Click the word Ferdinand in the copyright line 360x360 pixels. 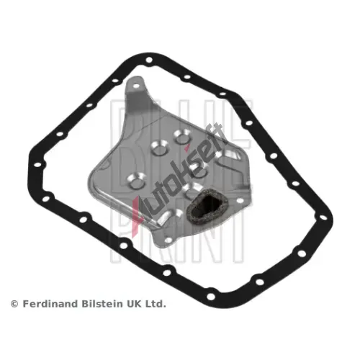(x=51, y=304)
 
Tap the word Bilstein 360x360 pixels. (x=102, y=304)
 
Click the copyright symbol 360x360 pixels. (x=14, y=304)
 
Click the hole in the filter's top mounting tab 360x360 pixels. (x=135, y=86)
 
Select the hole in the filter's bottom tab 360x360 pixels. (x=168, y=240)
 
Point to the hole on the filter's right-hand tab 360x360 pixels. (x=240, y=200)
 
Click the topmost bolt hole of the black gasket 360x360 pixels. (x=149, y=60)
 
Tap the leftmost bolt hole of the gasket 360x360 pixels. (x=37, y=165)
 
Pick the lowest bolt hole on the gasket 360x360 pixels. (x=211, y=297)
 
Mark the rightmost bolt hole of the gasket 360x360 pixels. (x=323, y=217)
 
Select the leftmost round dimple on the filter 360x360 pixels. (x=136, y=181)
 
